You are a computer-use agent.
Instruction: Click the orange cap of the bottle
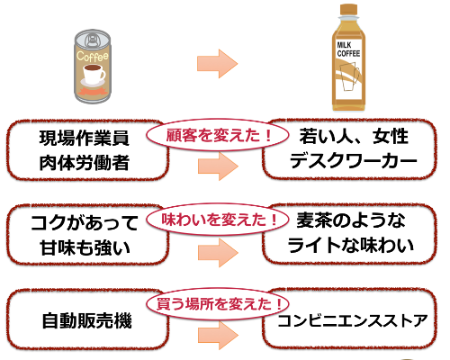click(x=350, y=13)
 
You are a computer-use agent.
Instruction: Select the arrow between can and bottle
click(x=216, y=63)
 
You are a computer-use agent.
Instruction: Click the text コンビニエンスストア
click(x=351, y=320)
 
